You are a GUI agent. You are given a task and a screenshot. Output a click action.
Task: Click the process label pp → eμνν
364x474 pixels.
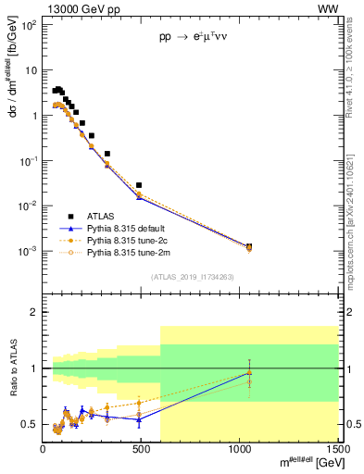(190, 41)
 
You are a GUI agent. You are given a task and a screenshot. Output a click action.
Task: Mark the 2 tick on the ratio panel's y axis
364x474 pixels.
(34, 312)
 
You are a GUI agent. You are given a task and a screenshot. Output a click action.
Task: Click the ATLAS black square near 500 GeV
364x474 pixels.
(139, 185)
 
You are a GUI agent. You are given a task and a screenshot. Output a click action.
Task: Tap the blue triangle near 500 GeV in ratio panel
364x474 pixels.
(139, 419)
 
